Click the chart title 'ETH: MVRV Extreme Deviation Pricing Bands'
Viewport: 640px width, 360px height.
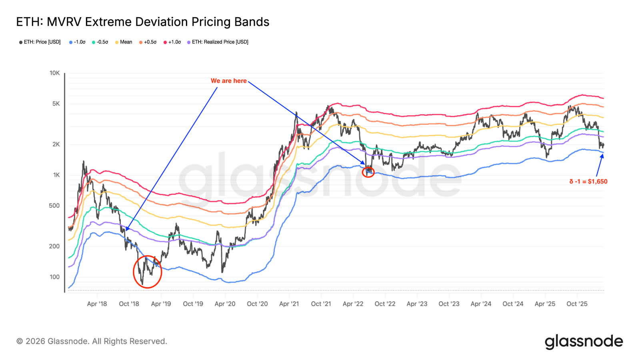142,22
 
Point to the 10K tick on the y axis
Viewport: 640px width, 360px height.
55,73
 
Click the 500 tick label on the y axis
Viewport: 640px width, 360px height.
54,206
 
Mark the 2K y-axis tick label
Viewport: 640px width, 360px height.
56,144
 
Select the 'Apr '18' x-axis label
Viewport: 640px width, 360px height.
97,304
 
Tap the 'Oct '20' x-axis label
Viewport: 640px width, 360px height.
257,304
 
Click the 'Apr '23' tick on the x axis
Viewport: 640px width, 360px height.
417,304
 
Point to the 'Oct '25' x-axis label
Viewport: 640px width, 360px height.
577,304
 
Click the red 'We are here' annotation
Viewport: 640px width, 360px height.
229,81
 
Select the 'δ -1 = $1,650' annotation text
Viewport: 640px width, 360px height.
588,182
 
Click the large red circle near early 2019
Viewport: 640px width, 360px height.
148,272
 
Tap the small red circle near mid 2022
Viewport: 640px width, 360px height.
368,172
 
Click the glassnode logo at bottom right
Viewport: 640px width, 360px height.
584,342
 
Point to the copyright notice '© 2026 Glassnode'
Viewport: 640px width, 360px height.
92,341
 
